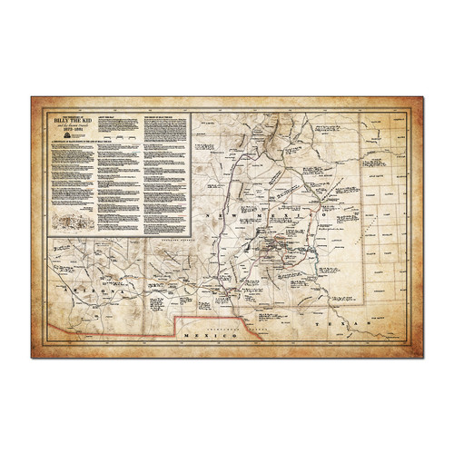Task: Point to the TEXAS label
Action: click(344, 324)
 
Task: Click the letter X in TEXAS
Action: click(343, 324)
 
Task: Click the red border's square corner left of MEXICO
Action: click(175, 317)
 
